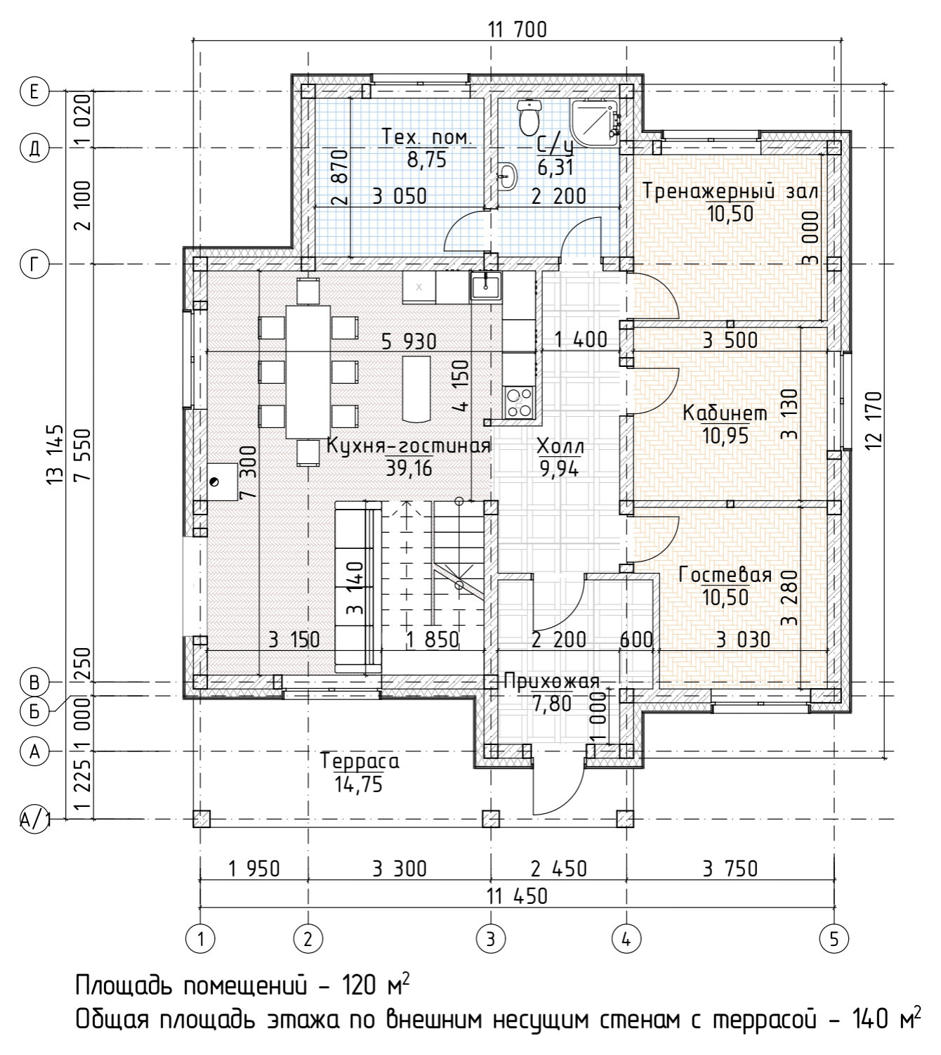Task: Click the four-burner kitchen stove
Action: point(518,402)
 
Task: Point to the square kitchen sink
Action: point(487,286)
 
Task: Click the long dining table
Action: point(308,372)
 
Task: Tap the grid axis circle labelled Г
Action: point(34,264)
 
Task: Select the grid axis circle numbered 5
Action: point(834,939)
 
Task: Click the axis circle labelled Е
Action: point(34,91)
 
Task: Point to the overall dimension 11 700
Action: point(518,30)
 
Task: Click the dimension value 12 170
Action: point(876,421)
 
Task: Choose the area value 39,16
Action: point(409,469)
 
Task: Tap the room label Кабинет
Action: point(725,413)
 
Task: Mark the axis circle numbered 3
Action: point(491,939)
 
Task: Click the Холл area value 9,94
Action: point(559,470)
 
